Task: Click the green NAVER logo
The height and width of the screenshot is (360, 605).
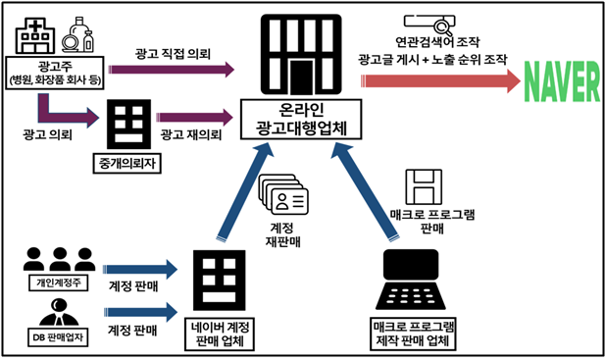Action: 562,81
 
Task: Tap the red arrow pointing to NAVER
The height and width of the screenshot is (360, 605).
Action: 440,81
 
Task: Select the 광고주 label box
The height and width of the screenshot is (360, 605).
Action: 55,73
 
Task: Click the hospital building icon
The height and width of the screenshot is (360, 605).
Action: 34,35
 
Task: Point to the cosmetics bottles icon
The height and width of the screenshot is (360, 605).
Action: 78,34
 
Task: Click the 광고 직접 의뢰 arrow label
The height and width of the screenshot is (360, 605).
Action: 173,54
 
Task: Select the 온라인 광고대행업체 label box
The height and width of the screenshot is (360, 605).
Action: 301,120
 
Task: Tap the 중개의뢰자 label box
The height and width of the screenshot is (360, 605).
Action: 127,164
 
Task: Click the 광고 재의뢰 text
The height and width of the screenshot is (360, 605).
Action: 191,134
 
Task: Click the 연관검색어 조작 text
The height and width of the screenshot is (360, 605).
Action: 437,41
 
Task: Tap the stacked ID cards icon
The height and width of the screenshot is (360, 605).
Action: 283,194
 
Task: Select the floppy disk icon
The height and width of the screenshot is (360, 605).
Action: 424,186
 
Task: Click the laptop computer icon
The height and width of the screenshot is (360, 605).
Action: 411,280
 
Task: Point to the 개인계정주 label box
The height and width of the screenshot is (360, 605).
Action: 59,283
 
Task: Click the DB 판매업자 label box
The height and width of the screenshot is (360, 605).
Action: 58,337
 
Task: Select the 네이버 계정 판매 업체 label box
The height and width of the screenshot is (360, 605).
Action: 220,334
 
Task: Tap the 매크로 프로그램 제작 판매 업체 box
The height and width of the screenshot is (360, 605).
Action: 413,334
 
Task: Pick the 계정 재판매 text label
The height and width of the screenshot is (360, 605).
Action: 282,234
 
